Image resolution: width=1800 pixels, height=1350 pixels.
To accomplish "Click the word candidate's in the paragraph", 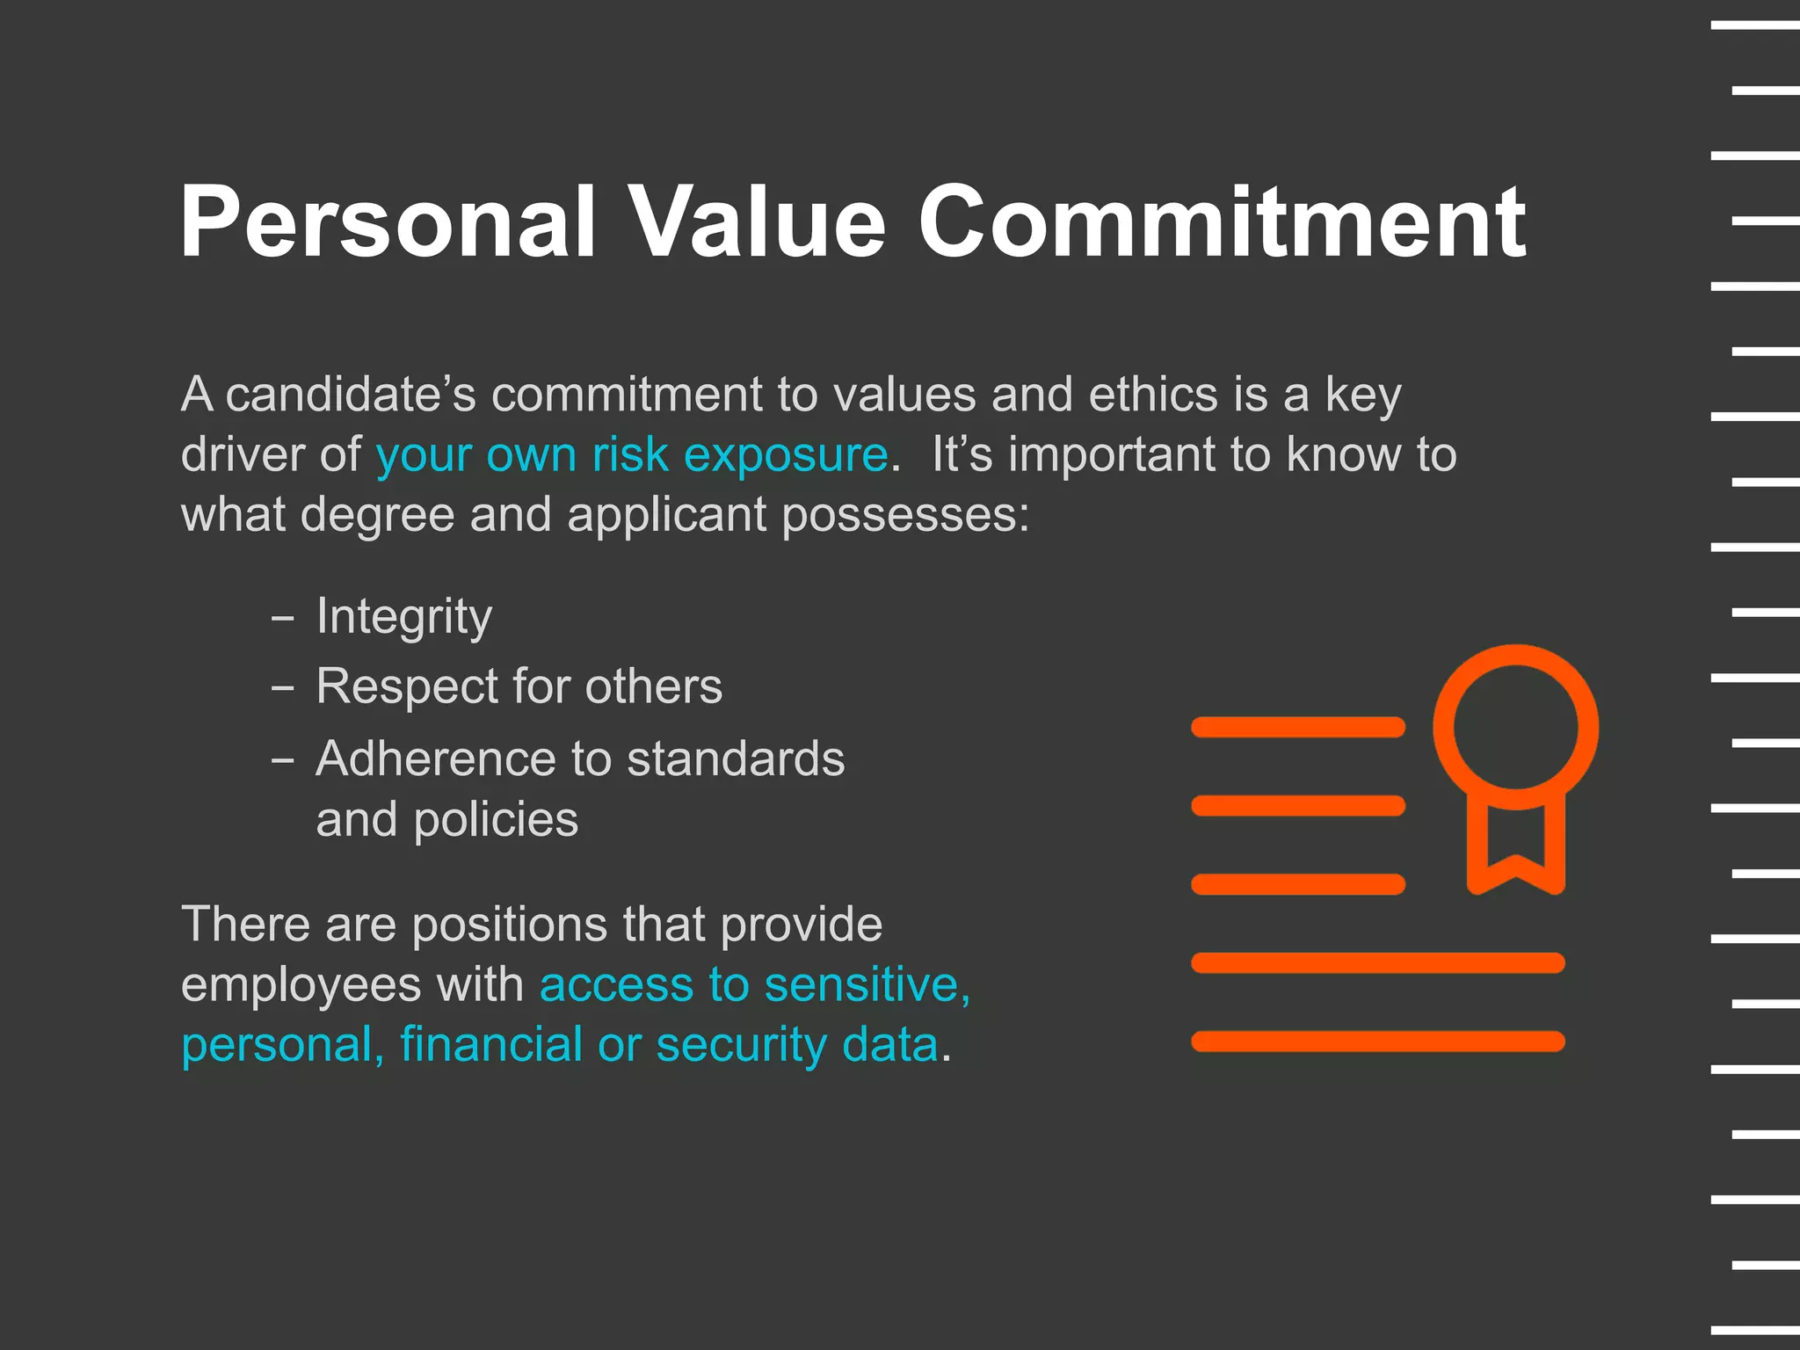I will [351, 395].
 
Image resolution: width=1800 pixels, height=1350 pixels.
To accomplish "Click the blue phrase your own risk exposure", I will [632, 455].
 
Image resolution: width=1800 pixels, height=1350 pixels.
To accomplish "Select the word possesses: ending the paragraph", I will [905, 516].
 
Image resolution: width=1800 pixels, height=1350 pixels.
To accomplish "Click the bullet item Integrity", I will [404, 616].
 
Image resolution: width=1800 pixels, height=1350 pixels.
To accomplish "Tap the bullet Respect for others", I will [519, 686].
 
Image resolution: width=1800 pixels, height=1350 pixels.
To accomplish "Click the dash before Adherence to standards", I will [282, 760].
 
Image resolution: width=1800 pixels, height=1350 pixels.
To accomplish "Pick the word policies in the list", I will [496, 820].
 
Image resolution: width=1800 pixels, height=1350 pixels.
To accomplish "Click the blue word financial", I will [491, 1045].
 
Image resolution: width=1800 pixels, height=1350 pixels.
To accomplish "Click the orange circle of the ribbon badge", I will [1515, 727].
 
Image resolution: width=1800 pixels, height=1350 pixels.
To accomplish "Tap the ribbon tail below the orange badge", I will [1516, 848].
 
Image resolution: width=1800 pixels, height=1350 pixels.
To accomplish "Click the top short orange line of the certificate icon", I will [1297, 727].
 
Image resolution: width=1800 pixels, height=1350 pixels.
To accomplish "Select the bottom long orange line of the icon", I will [1377, 1042].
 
